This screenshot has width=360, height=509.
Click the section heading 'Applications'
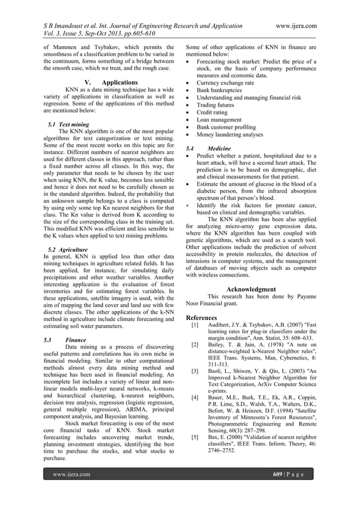click(x=119, y=82)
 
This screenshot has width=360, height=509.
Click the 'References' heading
click(x=201, y=318)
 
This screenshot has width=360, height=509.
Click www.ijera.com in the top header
click(x=293, y=26)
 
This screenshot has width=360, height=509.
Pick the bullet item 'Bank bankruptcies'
click(x=219, y=90)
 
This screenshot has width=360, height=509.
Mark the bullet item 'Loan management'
click(x=219, y=120)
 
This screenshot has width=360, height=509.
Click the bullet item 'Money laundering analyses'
click(x=230, y=135)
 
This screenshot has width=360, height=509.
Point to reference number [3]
click(x=195, y=371)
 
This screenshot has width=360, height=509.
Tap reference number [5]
click(x=195, y=437)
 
